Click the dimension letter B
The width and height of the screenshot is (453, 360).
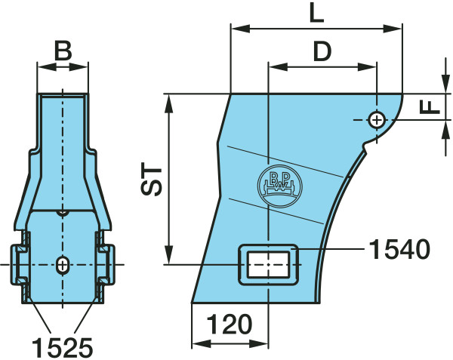tap(63, 51)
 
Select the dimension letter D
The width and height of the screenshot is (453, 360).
tap(322, 51)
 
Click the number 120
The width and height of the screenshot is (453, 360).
tap(230, 324)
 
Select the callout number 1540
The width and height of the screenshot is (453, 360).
tap(399, 249)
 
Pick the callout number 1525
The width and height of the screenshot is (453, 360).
tap(63, 347)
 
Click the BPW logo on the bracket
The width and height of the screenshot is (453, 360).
tap(279, 186)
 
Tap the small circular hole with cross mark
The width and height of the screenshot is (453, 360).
tap(376, 120)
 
